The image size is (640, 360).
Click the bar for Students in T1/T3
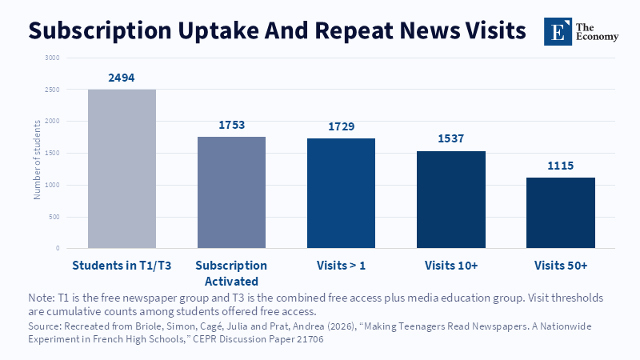click(122, 169)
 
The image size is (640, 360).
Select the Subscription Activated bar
click(231, 192)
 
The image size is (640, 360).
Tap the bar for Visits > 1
click(342, 193)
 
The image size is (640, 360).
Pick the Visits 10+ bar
click(451, 199)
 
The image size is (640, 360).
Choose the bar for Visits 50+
click(561, 213)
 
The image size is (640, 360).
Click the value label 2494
click(122, 78)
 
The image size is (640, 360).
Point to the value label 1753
click(231, 125)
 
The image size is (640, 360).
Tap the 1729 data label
click(342, 126)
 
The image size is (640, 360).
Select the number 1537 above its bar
click(451, 138)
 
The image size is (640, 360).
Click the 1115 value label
click(561, 166)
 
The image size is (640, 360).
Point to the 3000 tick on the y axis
click(52, 58)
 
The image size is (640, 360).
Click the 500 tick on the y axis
click(54, 217)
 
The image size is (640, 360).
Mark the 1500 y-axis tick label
click(52, 154)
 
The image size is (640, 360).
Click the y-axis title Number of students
click(37, 159)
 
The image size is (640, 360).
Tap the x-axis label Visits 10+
click(451, 266)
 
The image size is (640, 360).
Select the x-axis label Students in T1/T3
click(122, 266)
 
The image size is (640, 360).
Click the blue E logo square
click(558, 31)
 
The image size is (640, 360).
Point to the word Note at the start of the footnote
click(40, 298)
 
